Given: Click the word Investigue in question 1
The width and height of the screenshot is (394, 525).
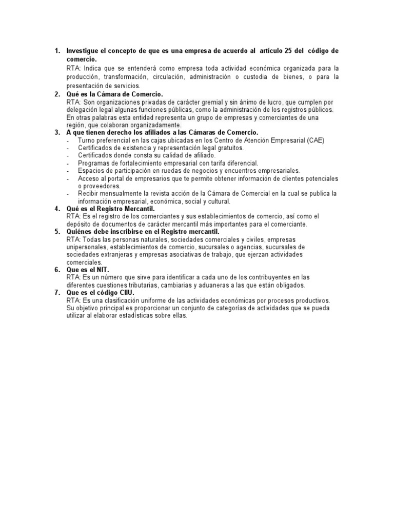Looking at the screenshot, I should pyautogui.click(x=84, y=51).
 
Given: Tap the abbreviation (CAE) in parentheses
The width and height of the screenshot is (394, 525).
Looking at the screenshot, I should pyautogui.click(x=315, y=140).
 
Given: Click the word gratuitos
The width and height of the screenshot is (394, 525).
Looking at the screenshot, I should pyautogui.click(x=229, y=148).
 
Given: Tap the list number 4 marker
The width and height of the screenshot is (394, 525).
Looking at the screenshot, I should pyautogui.click(x=57, y=209).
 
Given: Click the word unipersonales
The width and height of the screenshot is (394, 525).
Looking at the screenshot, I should pyautogui.click(x=86, y=247).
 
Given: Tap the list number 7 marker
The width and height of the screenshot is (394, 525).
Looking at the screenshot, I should pyautogui.click(x=57, y=293).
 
